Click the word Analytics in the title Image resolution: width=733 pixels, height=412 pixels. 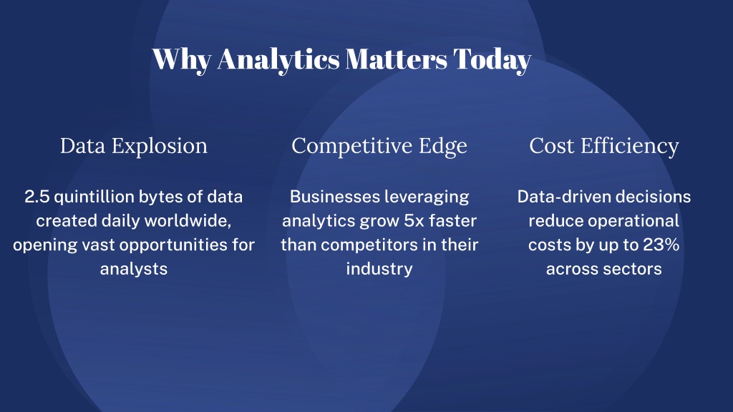278,60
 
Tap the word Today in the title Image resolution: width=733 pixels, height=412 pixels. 492,60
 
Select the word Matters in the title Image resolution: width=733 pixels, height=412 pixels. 397,59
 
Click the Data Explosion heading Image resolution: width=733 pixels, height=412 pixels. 134,146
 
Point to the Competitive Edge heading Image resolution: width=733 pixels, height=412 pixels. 379,146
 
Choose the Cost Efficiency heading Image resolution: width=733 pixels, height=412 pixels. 604,146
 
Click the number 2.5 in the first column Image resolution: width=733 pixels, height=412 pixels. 37,197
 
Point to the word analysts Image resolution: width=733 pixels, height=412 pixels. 134,270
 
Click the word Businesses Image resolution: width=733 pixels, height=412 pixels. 334,197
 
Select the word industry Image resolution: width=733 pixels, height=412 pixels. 379,270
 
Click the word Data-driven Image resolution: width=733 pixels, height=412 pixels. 561,197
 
